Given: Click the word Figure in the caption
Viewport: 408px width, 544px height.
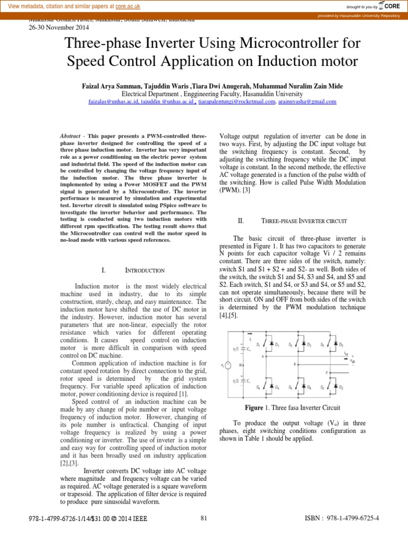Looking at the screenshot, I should (x=254, y=407).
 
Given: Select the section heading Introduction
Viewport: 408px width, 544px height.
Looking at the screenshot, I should (x=140, y=270).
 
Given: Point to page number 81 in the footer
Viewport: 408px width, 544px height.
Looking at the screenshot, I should (x=204, y=518).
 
